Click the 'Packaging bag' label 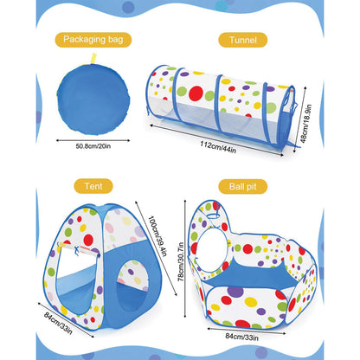point(93,39)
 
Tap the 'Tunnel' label point(243,40)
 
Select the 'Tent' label point(93,186)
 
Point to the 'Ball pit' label point(242,186)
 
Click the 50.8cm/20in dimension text point(93,146)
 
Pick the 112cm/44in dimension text point(218,147)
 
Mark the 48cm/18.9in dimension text point(305,124)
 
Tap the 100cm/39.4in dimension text point(157,235)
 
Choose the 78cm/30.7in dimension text point(181,261)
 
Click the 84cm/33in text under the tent point(58,323)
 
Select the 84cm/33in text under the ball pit point(241,337)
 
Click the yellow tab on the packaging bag point(93,59)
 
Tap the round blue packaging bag point(93,100)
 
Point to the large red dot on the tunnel point(196,93)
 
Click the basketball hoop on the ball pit point(213,215)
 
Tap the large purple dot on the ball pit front point(235,292)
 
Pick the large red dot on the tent point(88,240)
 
